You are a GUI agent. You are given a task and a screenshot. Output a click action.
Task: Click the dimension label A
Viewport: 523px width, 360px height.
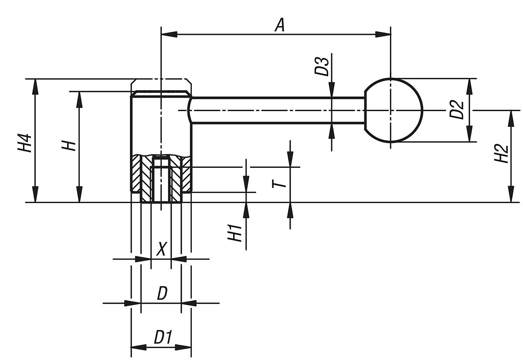coord(280,25)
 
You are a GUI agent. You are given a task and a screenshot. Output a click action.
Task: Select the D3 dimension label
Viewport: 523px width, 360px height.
coord(323,66)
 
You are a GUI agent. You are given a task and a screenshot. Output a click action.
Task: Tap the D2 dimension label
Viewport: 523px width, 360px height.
coord(457,110)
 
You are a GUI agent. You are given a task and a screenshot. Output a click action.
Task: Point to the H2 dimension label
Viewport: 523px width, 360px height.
coord(503,153)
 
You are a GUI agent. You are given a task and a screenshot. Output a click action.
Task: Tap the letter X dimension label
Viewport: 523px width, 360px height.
coord(161,249)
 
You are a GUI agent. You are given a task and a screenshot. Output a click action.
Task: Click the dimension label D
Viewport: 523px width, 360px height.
coord(162,294)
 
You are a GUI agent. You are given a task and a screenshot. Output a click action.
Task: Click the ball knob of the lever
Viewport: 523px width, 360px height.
coord(393,110)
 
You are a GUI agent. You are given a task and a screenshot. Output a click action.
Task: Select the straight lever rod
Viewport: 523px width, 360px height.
coord(279,110)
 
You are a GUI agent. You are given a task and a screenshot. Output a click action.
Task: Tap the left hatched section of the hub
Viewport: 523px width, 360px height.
coord(140,177)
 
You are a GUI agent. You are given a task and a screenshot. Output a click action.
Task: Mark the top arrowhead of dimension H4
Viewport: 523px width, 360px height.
coord(35,85)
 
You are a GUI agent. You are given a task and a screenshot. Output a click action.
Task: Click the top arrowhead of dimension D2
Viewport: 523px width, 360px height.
coord(469,85)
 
